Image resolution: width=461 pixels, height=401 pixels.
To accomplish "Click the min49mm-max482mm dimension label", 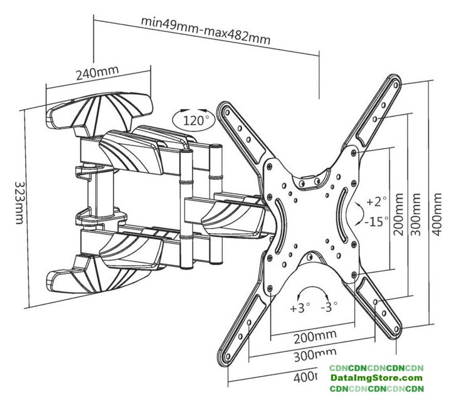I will [x=205, y=30].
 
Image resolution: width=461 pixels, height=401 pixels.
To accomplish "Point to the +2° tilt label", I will [x=377, y=202].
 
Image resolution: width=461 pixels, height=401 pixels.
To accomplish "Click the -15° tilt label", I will [x=377, y=221].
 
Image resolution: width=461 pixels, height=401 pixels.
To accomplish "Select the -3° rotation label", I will [x=329, y=308].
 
